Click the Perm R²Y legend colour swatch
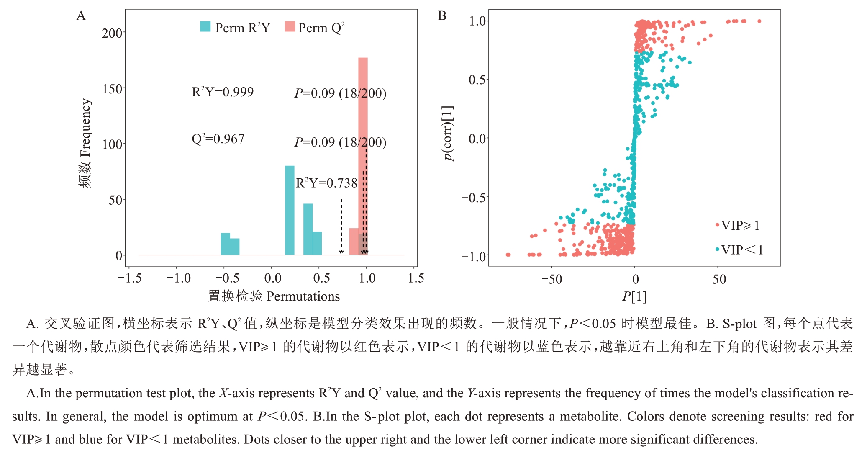[205, 27]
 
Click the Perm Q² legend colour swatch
[290, 27]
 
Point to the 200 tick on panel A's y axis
[112, 33]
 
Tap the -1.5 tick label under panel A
[130, 278]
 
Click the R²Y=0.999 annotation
[223, 92]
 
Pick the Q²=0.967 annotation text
[218, 139]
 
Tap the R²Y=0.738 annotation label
[326, 183]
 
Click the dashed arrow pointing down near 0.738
[341, 226]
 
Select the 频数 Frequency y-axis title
[85, 143]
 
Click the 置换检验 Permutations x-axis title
[274, 296]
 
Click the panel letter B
[442, 16]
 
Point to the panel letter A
[81, 16]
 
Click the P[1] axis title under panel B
[634, 296]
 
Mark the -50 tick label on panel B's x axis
[552, 279]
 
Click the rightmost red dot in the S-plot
[759, 21]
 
